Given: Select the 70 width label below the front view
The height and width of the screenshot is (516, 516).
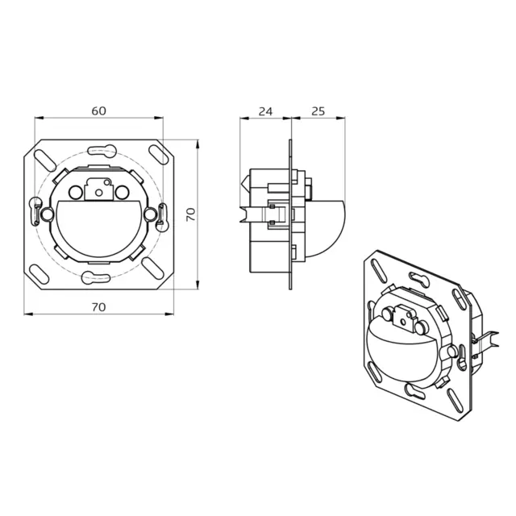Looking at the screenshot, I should (x=100, y=307).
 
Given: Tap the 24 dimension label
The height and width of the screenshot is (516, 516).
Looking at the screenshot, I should (x=264, y=112).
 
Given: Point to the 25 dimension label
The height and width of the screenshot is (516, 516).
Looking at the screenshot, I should (x=317, y=112).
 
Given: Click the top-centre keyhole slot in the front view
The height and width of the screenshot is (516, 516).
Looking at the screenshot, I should (x=100, y=147).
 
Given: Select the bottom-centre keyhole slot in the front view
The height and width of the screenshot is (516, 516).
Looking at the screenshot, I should (x=100, y=278).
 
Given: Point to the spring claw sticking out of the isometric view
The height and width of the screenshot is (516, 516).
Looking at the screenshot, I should (x=482, y=339).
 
